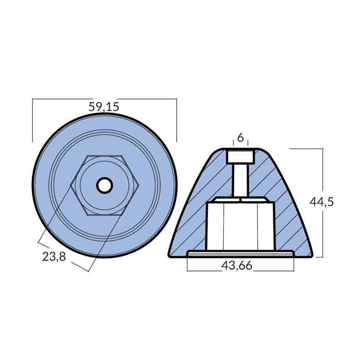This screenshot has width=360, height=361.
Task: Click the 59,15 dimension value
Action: (x=104, y=107)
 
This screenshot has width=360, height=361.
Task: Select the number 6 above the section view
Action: (x=240, y=138)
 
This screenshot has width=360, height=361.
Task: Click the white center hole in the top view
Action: (x=104, y=185)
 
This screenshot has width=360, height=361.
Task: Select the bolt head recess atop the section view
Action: (x=240, y=156)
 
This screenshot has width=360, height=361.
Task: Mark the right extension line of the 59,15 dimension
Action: (x=177, y=120)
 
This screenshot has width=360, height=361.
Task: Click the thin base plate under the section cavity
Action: (x=240, y=254)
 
